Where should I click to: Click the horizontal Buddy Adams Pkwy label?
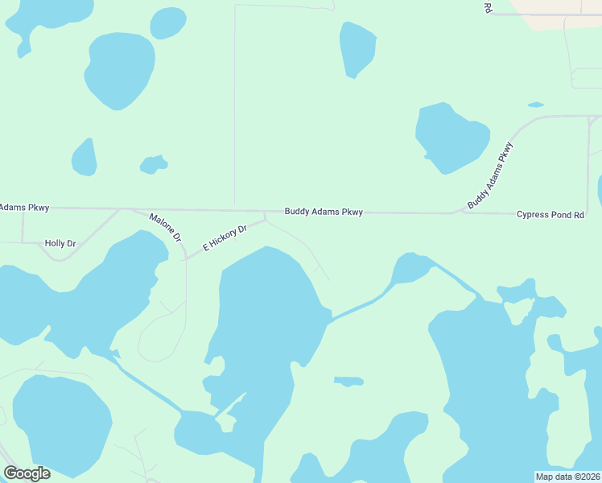coord(324,212)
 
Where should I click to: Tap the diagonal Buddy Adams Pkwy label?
coord(490,175)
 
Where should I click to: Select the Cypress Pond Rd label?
coord(550,214)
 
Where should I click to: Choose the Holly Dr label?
coord(60,243)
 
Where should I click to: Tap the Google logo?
coord(27,473)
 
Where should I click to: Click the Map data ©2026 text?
coord(568,477)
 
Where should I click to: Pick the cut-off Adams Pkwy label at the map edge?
coord(24,208)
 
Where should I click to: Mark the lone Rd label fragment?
coord(488,7)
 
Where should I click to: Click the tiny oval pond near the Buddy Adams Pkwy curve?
coord(535,104)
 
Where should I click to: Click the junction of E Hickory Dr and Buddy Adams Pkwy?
coord(266,213)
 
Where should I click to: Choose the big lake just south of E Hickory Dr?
coord(266,322)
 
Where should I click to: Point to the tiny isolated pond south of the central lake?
coord(348,381)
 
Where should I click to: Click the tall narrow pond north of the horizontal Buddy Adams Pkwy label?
coord(357,48)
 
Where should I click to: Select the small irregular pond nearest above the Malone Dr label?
coord(153,164)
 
